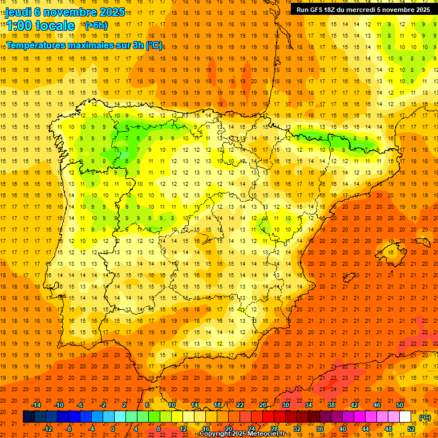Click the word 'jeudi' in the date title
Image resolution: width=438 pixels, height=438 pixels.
18,11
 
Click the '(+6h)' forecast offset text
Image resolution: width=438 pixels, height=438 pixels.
95,26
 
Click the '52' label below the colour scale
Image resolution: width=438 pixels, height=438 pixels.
411,428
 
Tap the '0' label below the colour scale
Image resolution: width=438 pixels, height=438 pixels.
113,428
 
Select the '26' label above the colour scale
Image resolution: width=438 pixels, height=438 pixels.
263,405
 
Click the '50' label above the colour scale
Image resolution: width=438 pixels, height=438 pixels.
400,405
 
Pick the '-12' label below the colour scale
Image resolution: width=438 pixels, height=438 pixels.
47,428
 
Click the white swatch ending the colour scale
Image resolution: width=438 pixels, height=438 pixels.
405,417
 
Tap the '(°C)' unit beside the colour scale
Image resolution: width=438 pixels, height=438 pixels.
425,417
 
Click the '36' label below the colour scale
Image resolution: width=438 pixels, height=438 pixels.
319,428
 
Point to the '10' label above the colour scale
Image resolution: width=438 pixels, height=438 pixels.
172,405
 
